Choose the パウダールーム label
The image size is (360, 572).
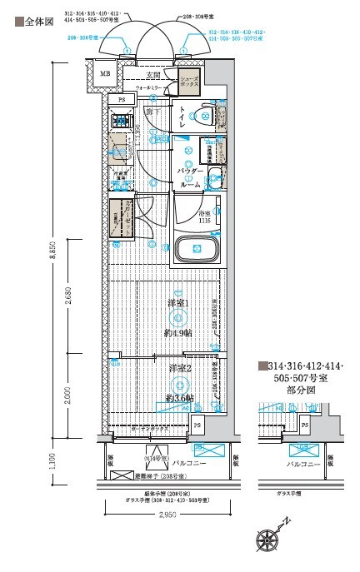pos(189,177)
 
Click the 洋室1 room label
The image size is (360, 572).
pos(178,303)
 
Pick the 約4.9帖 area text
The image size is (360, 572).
pos(177,332)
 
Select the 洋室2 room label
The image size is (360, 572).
pos(178,368)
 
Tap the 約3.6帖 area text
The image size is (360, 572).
pos(179,399)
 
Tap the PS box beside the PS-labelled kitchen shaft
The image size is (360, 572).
pos(122,100)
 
